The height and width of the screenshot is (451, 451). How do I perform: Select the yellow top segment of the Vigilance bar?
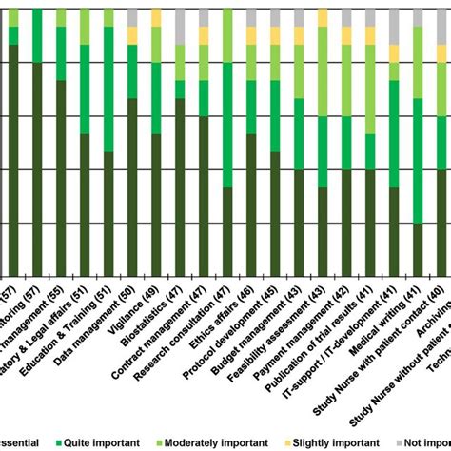click(156, 17)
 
